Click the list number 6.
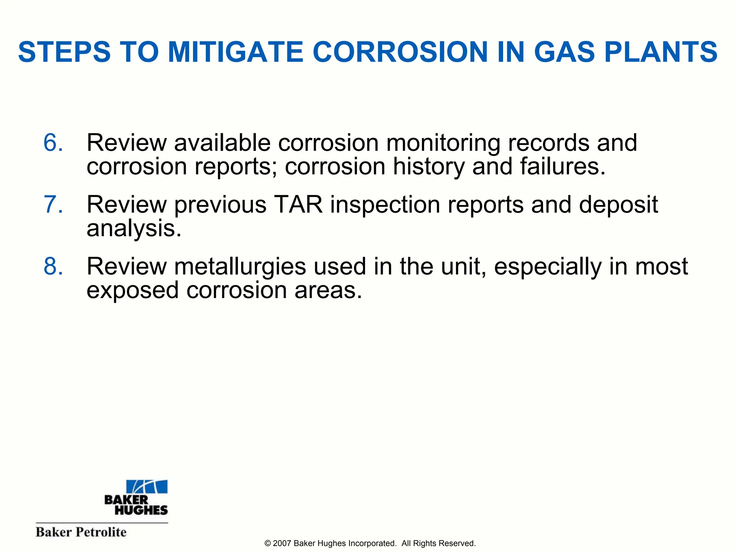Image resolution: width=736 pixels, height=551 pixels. point(53,143)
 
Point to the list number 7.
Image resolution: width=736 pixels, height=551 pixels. point(53,205)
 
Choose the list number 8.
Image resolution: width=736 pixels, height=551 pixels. point(53,267)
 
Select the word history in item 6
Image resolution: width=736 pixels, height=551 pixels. point(429,167)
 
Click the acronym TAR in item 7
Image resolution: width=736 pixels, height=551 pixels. point(298,205)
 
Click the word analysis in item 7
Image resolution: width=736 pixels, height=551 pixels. point(134,229)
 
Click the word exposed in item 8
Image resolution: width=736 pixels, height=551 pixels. point(132,291)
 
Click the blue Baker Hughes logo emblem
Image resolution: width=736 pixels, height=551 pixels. point(147,486)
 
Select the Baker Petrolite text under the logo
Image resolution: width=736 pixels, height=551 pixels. point(81,532)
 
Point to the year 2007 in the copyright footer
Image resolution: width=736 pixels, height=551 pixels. point(282,543)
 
